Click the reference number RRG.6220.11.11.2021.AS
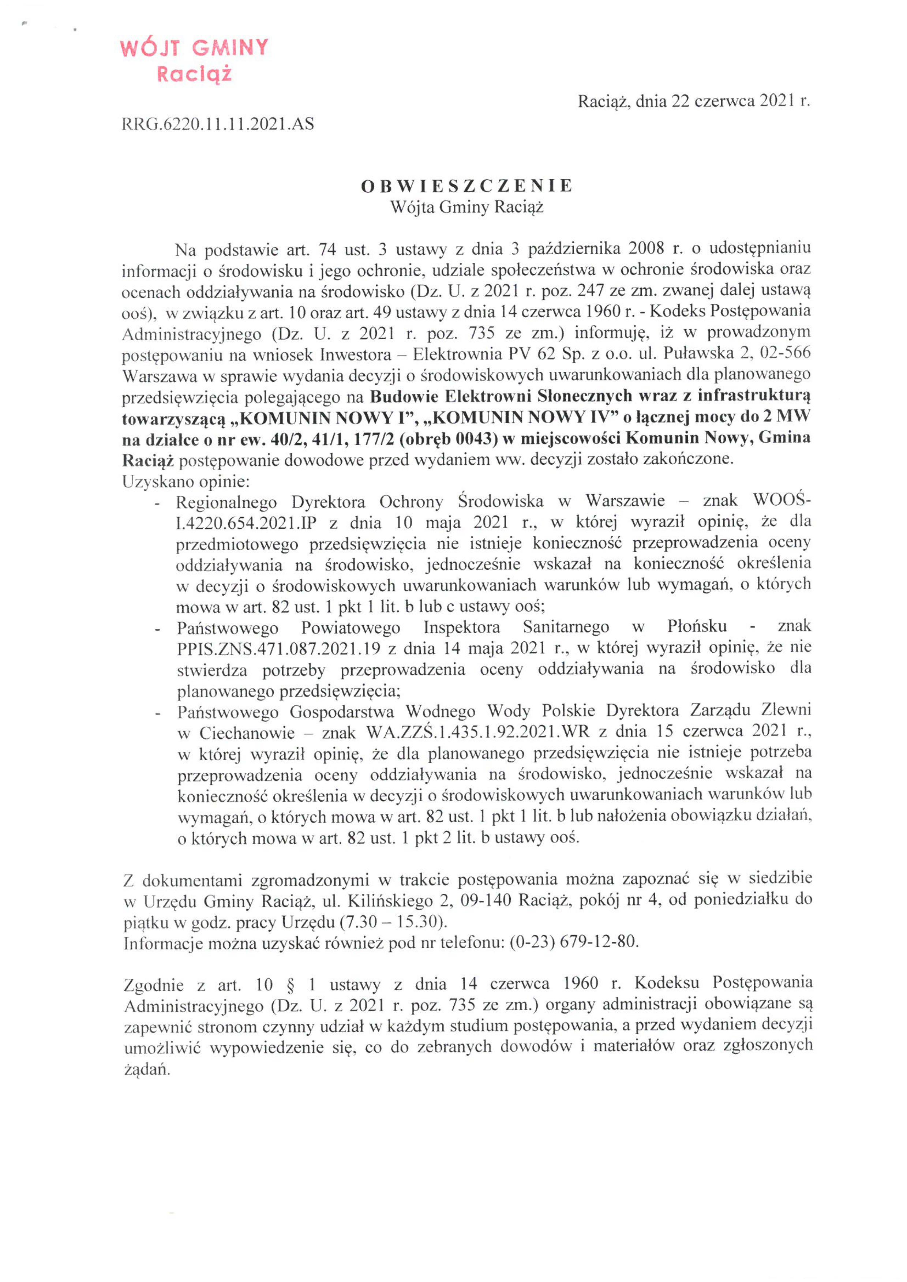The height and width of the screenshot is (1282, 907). click(x=218, y=124)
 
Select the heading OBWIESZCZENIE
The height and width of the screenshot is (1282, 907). click(x=466, y=186)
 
